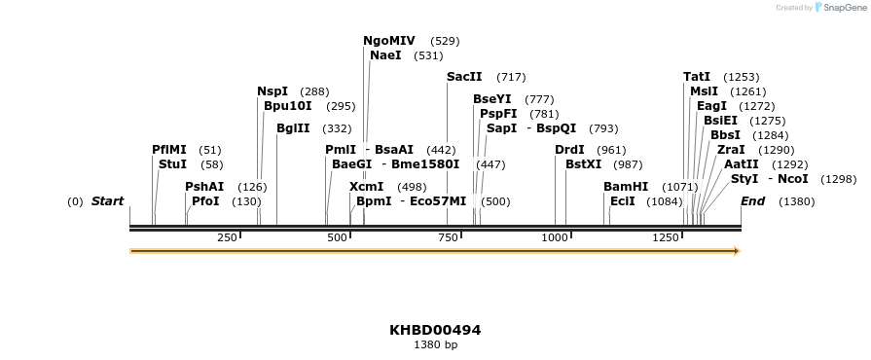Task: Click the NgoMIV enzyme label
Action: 389,41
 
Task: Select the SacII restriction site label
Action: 464,77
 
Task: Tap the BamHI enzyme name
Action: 626,187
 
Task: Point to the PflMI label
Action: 169,150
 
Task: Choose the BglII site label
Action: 293,128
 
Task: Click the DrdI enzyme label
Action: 569,150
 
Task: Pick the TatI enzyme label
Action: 697,77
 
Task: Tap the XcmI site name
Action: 366,187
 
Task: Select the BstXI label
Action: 584,164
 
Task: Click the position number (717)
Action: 511,77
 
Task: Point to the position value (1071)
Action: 679,187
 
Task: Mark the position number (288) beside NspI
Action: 314,91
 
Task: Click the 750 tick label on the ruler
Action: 448,238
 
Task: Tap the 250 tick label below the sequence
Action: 227,238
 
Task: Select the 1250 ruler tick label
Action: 667,238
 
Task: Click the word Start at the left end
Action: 107,201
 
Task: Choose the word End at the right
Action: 752,201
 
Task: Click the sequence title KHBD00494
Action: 435,330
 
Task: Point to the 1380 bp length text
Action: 435,344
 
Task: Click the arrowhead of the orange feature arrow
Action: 737,251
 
